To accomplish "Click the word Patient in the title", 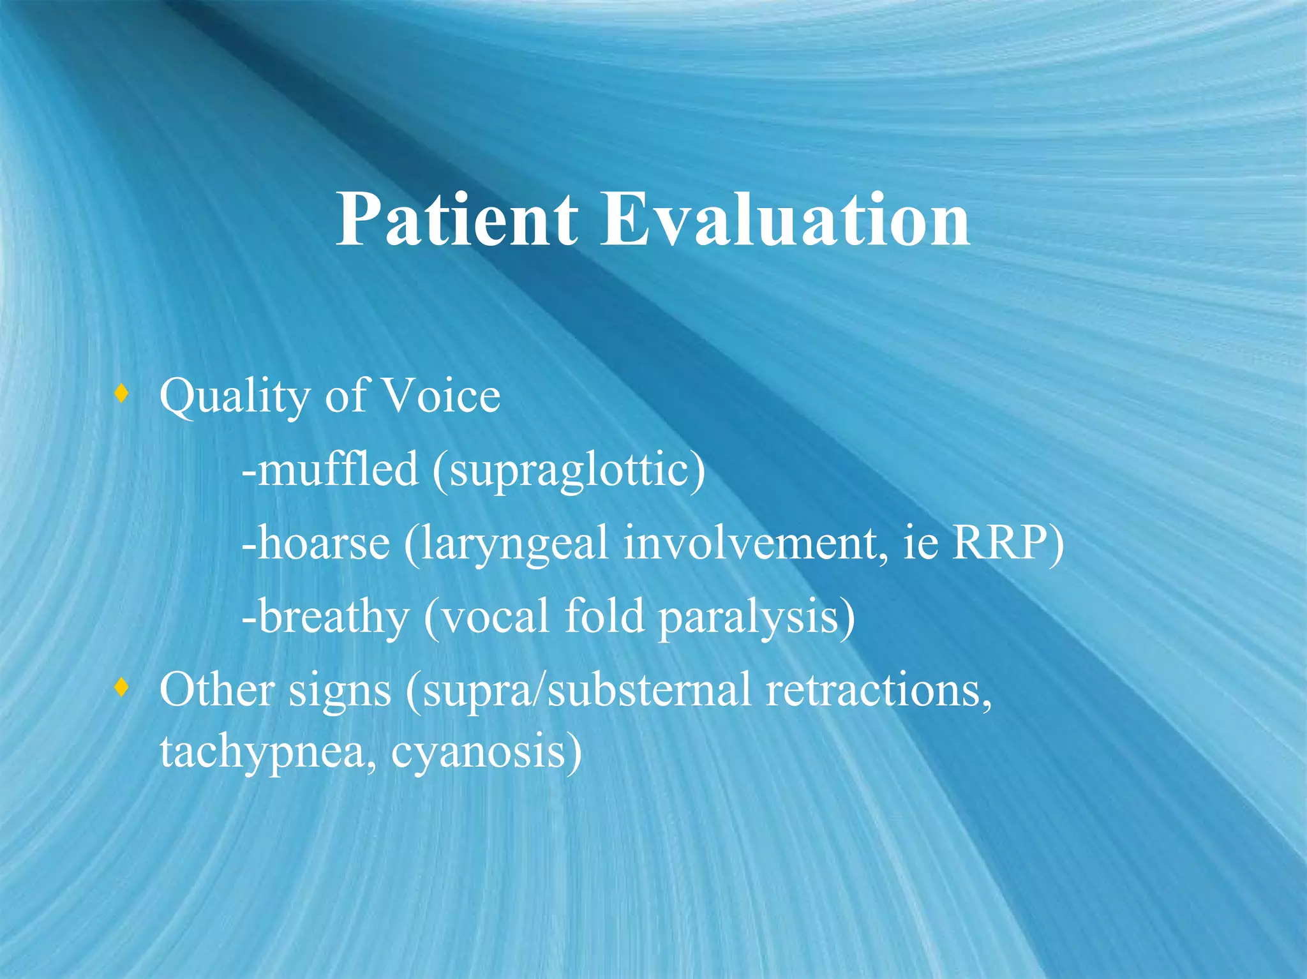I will click(456, 220).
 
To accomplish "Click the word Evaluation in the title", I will click(785, 220).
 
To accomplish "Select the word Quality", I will click(234, 397).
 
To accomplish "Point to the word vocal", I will click(495, 617).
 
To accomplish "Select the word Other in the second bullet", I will click(216, 690).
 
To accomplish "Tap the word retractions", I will click(878, 690).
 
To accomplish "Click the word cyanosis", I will click(479, 752).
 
